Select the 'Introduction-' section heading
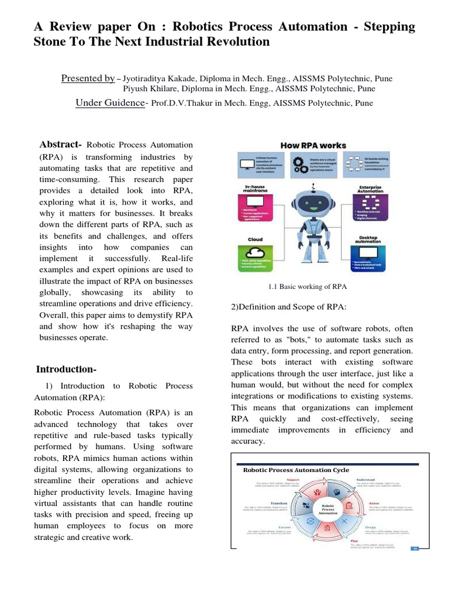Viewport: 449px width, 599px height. (x=66, y=369)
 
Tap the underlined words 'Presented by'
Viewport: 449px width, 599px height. (x=88, y=78)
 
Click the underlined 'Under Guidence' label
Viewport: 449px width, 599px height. (x=110, y=103)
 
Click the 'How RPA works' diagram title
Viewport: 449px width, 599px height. (x=313, y=145)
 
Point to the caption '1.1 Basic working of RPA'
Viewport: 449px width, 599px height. (x=308, y=287)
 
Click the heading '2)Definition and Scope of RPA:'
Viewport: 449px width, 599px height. (x=289, y=307)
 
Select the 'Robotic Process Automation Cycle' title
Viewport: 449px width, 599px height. (x=296, y=470)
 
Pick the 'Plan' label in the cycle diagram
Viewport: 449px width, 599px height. (x=354, y=542)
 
